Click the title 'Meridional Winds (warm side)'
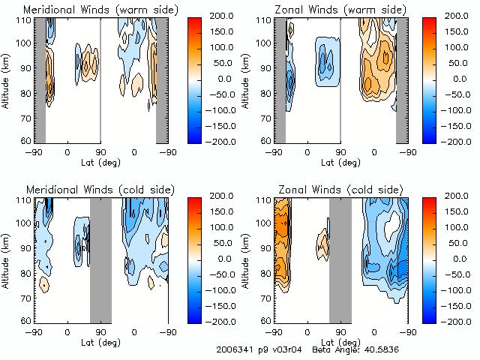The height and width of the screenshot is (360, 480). coord(91,10)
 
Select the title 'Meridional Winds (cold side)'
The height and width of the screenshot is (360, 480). coord(91,190)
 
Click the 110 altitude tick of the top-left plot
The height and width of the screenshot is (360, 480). coord(23,19)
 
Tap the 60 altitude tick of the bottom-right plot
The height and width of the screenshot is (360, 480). coord(265,320)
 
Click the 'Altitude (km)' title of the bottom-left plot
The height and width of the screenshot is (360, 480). coord(7,259)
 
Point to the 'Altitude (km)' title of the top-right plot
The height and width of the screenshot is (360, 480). coord(247,79)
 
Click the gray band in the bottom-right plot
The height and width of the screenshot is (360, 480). coord(340,259)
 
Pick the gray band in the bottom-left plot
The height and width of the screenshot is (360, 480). coord(100,259)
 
